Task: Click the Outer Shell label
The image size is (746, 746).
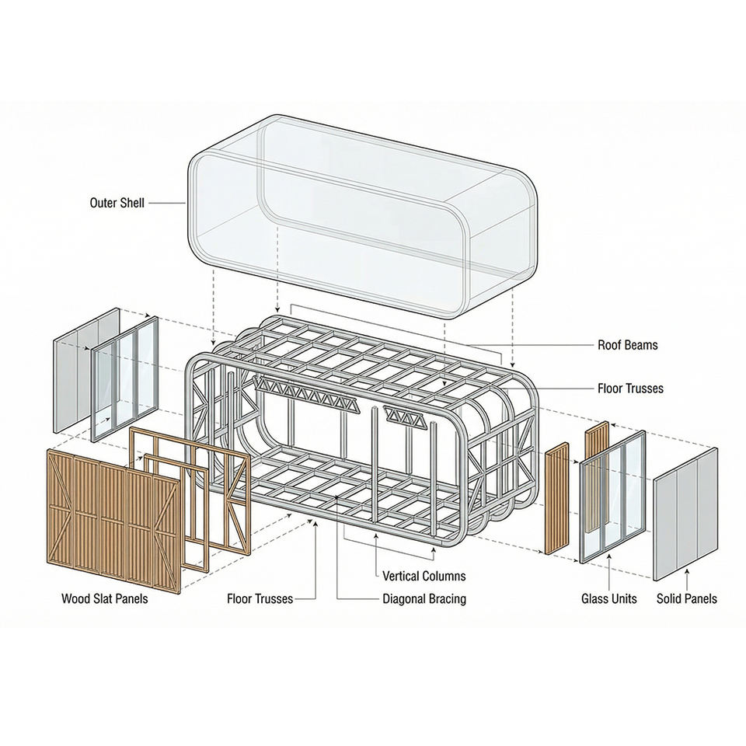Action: coord(117,204)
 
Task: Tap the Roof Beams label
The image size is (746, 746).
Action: coord(627,345)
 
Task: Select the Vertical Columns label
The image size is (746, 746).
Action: coord(424,576)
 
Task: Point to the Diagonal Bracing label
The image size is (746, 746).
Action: coord(424,599)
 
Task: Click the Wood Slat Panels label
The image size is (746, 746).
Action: coord(104,599)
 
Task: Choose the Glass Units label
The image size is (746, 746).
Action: coord(608,599)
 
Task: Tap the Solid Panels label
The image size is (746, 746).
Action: coord(686,599)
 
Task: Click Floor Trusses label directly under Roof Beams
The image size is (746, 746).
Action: coord(630,388)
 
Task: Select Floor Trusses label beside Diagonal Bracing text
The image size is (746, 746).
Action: coord(260,599)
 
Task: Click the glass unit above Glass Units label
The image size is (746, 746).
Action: coord(613,497)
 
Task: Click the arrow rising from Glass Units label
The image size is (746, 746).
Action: coord(608,576)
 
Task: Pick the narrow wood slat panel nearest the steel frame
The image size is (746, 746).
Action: coord(556,497)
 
